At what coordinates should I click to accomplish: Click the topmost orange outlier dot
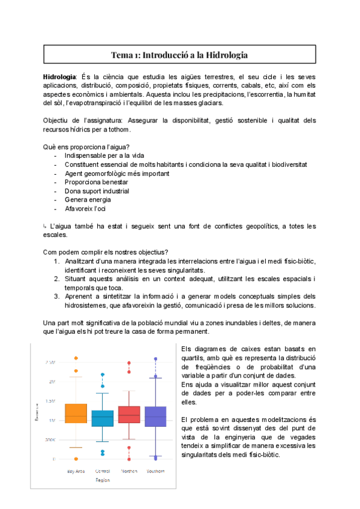click(x=76, y=358)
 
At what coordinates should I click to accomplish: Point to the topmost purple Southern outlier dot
click(x=156, y=359)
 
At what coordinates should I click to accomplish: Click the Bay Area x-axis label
click(x=76, y=471)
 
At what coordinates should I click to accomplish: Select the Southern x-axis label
click(x=156, y=471)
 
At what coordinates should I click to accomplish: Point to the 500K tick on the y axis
click(x=49, y=439)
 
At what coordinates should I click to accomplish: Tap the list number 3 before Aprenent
click(x=56, y=296)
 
